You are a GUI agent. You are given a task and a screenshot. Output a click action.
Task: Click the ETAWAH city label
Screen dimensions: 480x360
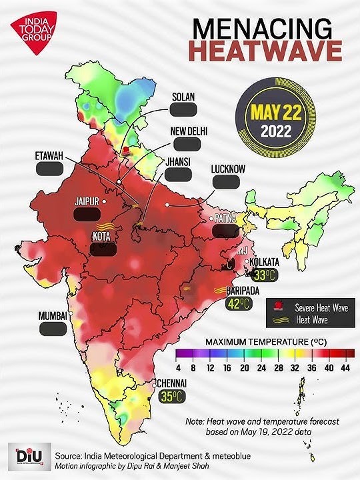click(x=49, y=155)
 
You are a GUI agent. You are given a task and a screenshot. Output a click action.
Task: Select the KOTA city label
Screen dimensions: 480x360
click(x=101, y=235)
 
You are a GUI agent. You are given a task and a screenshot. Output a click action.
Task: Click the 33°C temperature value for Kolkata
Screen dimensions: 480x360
click(x=263, y=275)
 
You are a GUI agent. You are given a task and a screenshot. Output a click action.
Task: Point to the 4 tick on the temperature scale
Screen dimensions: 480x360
click(x=179, y=367)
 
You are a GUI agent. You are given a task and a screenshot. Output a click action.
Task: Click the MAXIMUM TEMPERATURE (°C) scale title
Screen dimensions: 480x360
click(x=264, y=341)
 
